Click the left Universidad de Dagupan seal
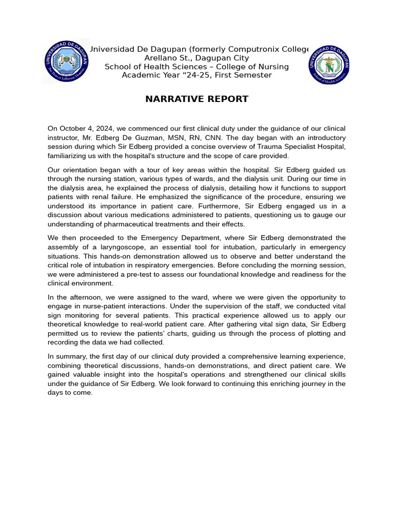pyautogui.click(x=66, y=62)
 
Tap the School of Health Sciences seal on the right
pyautogui.click(x=329, y=63)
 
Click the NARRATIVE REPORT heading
pyautogui.click(x=196, y=99)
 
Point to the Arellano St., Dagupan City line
pyautogui.click(x=196, y=58)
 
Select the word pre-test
pyautogui.click(x=132, y=274)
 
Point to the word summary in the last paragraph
pyautogui.click(x=70, y=356)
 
